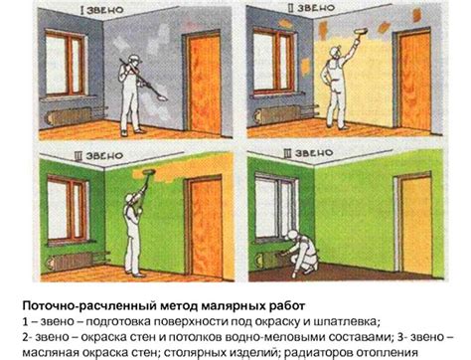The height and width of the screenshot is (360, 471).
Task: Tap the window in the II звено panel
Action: pyautogui.click(x=273, y=61)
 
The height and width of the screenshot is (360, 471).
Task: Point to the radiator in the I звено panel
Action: pyautogui.click(x=69, y=116)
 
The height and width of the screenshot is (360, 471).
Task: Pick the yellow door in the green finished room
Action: pyautogui.click(x=415, y=225)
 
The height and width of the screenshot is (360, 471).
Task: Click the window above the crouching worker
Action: pyautogui.click(x=275, y=207)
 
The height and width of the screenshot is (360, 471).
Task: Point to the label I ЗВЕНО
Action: pyautogui.click(x=101, y=10)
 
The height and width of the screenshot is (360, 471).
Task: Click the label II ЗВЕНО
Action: pyautogui.click(x=310, y=8)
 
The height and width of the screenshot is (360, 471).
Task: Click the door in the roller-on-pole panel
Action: pyautogui.click(x=203, y=227)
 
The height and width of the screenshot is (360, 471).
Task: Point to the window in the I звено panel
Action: pyautogui.click(x=66, y=63)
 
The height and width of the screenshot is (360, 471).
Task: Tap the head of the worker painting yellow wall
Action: pyautogui.click(x=335, y=52)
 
